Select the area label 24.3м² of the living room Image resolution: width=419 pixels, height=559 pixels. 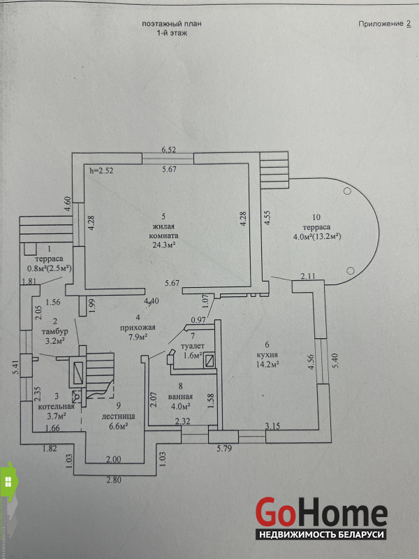pyautogui.click(x=163, y=245)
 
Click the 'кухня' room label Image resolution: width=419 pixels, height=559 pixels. pyautogui.click(x=268, y=354)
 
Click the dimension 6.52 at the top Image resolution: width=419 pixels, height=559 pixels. pyautogui.click(x=168, y=150)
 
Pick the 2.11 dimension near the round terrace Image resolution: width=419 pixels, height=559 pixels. pyautogui.click(x=308, y=277)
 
